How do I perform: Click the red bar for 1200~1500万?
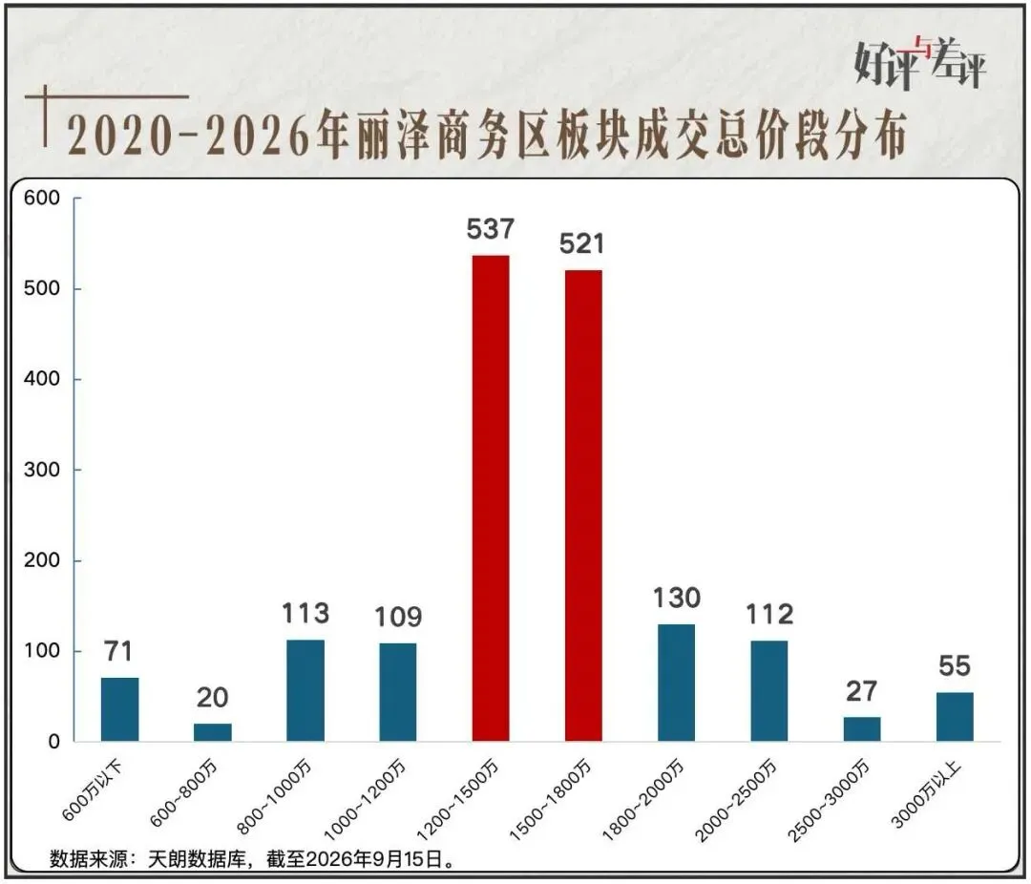tap(491, 498)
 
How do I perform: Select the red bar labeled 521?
tap(583, 506)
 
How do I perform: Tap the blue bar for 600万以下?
tap(119, 709)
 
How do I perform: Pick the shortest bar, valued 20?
tap(212, 733)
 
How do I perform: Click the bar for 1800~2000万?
tap(676, 683)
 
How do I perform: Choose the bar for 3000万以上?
tap(955, 717)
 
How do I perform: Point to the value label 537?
tap(491, 229)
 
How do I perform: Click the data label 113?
tap(305, 613)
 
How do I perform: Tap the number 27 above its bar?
tap(861, 691)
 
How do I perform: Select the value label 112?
tap(769, 615)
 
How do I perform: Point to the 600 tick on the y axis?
tap(41, 198)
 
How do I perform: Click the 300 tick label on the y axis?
tap(41, 470)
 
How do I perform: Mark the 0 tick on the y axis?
tap(53, 742)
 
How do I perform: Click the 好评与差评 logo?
tap(920, 62)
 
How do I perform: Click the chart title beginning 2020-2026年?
tap(487, 136)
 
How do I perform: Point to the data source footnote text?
tap(252, 859)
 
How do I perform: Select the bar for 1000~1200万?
tap(398, 693)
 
